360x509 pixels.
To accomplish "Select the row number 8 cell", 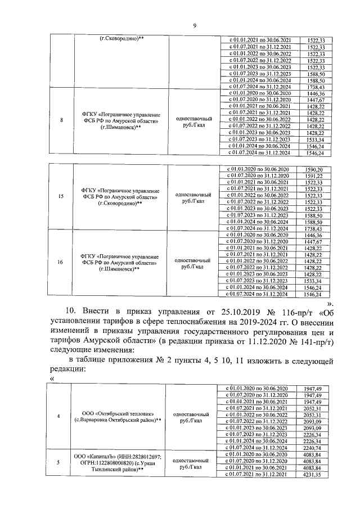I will point(61,120).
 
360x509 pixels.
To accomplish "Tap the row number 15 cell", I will point(61,197).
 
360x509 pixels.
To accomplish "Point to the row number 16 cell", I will point(61,262).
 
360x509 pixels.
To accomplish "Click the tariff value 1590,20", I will point(312,170).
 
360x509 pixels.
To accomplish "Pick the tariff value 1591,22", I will point(312,176).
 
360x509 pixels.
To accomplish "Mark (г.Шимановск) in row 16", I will point(118,269).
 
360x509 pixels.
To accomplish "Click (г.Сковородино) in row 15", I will point(120,204).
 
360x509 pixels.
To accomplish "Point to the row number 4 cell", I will point(60,416).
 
